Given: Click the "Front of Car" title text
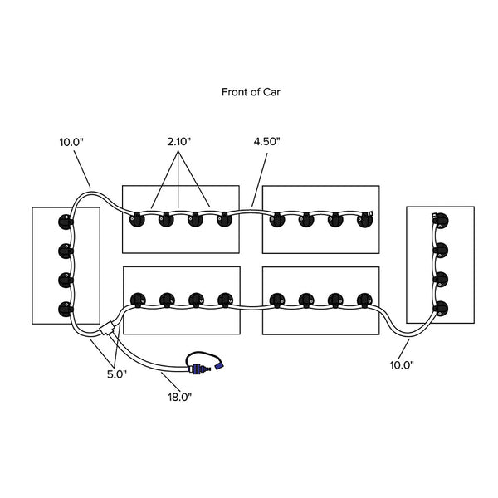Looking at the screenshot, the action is click(251, 92).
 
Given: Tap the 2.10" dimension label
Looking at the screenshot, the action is click(178, 142).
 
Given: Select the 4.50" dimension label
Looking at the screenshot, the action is click(266, 142).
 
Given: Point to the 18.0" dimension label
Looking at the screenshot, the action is click(180, 397).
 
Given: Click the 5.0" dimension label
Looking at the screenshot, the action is click(117, 374).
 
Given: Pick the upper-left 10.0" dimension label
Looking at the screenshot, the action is click(71, 142).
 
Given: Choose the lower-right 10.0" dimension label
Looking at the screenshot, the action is click(402, 365).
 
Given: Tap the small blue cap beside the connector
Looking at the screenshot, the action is click(219, 364).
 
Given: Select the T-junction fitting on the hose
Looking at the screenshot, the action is click(107, 329).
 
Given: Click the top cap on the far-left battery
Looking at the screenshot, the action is click(66, 222).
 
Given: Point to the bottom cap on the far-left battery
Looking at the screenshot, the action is click(66, 309).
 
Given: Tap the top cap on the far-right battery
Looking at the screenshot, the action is click(441, 221).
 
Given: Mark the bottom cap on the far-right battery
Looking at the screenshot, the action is click(441, 309).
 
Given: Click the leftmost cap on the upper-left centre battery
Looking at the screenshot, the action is click(137, 220).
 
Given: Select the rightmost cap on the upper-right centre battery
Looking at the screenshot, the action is click(364, 220).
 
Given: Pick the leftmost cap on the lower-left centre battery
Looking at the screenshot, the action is click(138, 300).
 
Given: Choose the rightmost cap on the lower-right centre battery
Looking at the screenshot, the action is click(364, 300).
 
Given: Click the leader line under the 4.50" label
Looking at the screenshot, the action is click(260, 180).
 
